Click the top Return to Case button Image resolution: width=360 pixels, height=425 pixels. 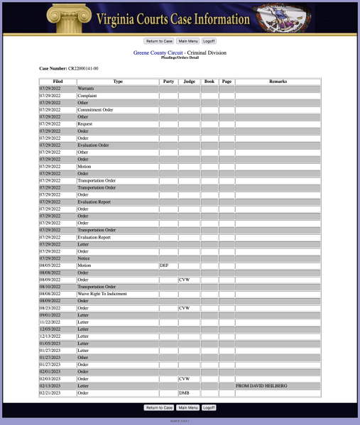click(x=159, y=41)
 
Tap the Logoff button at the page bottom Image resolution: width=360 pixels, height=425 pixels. click(x=209, y=408)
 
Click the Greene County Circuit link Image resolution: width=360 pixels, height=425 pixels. click(x=158, y=53)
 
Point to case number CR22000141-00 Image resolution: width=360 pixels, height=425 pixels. click(x=83, y=68)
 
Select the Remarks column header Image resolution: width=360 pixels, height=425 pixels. click(x=278, y=82)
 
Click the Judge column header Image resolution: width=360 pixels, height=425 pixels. click(x=189, y=82)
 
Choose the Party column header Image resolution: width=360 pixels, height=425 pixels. click(x=168, y=82)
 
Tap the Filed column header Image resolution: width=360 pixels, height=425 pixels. click(x=58, y=82)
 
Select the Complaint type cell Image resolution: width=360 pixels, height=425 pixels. click(x=87, y=96)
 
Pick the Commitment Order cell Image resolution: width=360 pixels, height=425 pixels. click(x=94, y=110)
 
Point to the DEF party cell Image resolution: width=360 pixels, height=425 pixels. click(x=164, y=265)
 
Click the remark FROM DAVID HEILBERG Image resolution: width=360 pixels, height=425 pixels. click(x=261, y=386)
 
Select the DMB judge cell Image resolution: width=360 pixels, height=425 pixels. click(x=184, y=393)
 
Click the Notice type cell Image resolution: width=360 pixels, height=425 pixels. click(x=84, y=258)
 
